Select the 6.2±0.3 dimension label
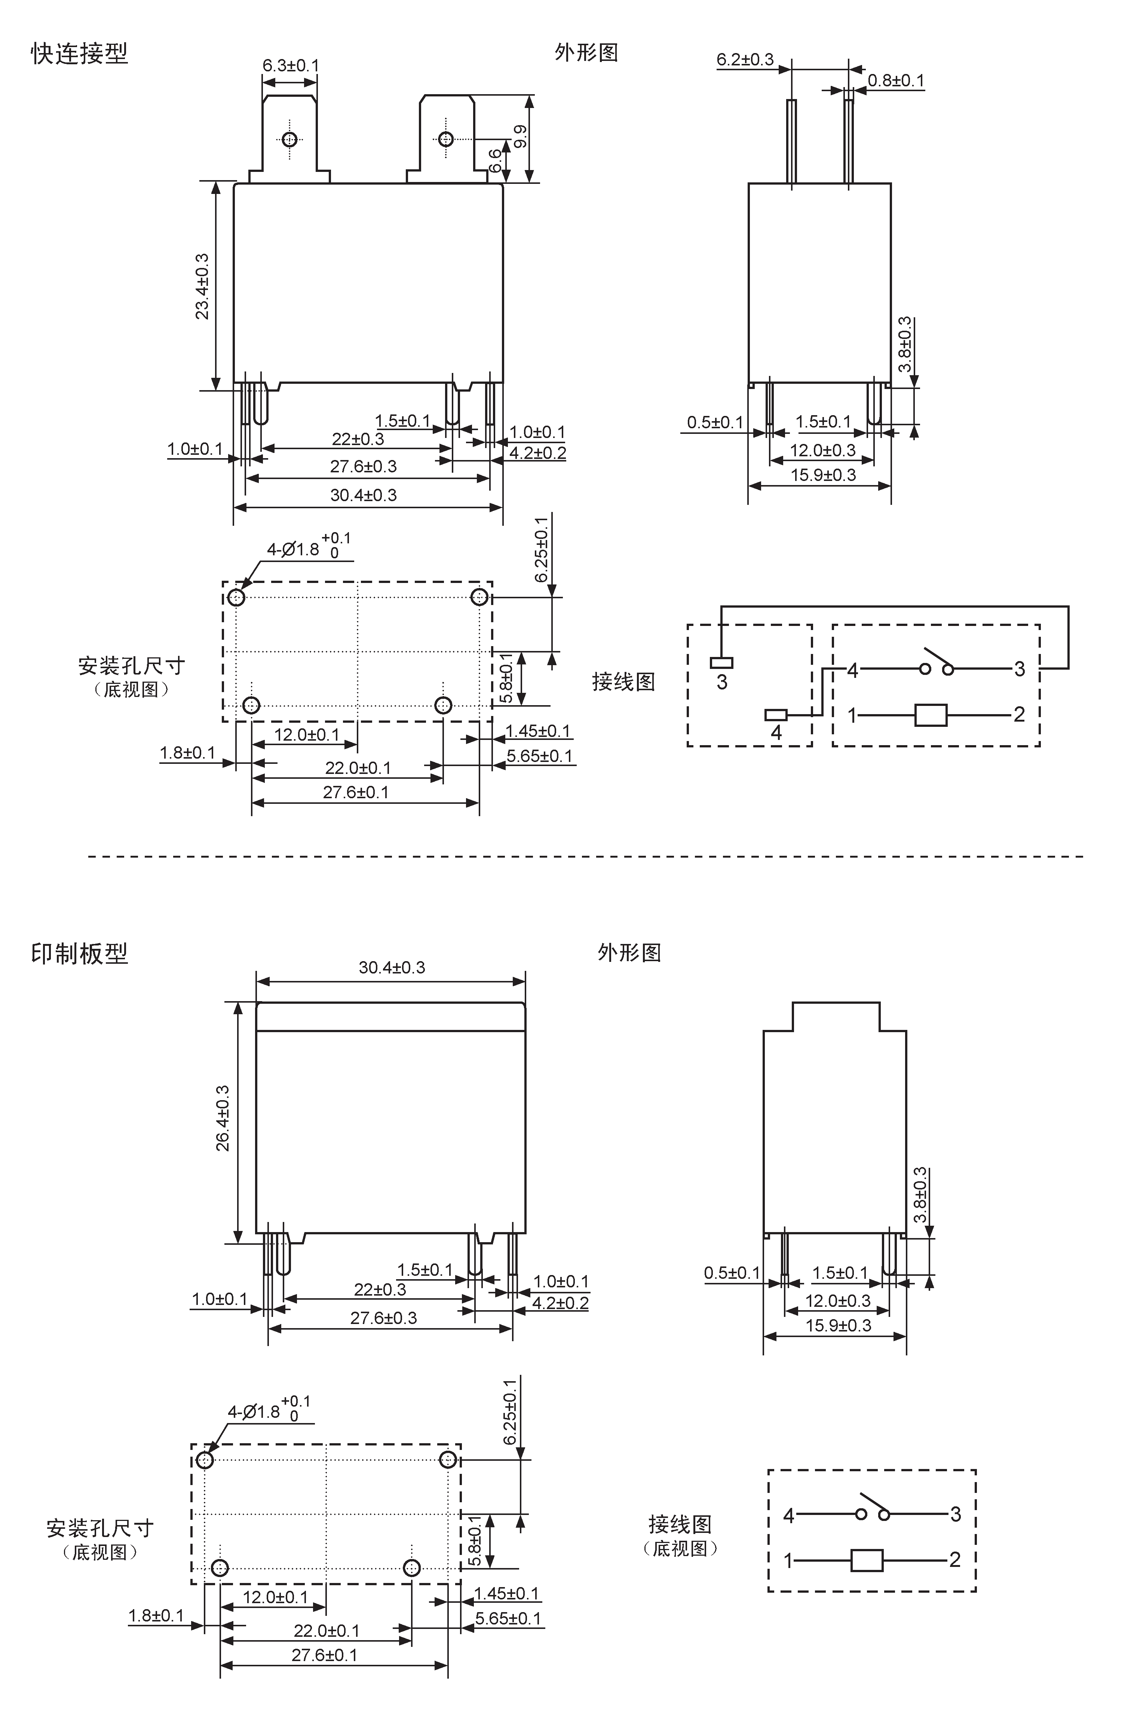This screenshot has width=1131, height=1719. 745,59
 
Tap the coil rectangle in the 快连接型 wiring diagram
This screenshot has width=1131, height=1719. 931,715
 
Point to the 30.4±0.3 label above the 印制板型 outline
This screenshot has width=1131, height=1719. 392,967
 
